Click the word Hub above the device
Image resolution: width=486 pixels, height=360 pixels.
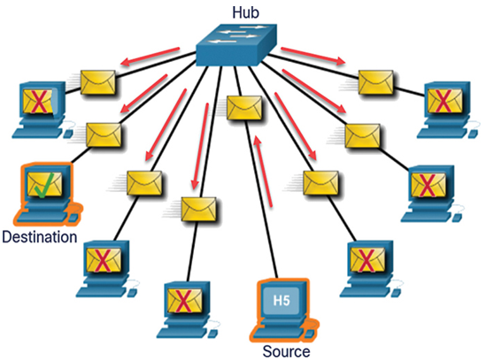click(x=245, y=12)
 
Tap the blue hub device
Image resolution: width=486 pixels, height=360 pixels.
click(x=236, y=44)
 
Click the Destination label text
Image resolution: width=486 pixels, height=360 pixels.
click(x=40, y=237)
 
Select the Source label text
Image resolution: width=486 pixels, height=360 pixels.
click(x=286, y=352)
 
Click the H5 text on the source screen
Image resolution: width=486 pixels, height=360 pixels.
click(x=282, y=301)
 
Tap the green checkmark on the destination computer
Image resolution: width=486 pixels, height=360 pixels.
click(x=44, y=185)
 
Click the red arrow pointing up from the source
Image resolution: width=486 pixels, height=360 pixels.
click(x=263, y=171)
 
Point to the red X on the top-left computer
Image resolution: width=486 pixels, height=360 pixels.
click(x=39, y=101)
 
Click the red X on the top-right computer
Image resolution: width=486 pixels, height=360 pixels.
click(x=444, y=100)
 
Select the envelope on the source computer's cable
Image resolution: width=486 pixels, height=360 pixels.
click(x=244, y=108)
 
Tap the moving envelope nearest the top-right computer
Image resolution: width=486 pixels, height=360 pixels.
click(x=375, y=82)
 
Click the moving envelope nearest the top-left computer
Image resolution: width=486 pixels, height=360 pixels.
click(x=98, y=82)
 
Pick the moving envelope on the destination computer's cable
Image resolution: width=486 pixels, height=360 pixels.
click(x=104, y=135)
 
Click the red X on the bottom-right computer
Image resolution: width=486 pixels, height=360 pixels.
click(x=366, y=261)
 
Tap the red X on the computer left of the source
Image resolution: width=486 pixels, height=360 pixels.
click(x=183, y=301)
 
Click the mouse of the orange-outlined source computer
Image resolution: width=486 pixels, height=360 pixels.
click(x=310, y=333)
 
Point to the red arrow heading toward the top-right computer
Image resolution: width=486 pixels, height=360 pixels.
click(x=313, y=56)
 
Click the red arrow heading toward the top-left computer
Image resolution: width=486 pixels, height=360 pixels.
click(x=150, y=57)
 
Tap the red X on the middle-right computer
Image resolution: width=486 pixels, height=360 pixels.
click(x=427, y=185)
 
